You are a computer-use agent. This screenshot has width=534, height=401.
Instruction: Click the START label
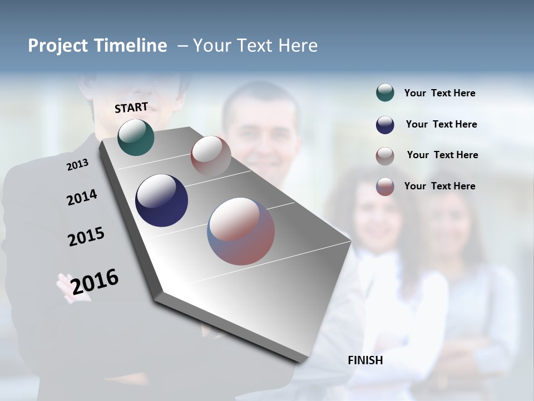click(131, 107)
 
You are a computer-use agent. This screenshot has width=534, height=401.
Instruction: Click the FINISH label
click(365, 360)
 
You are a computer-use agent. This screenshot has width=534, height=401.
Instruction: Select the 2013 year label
click(78, 165)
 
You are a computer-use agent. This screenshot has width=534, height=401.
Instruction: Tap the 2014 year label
click(82, 197)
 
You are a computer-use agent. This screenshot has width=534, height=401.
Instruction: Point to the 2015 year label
click(86, 237)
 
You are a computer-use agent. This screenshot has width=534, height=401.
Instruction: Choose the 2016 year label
click(95, 282)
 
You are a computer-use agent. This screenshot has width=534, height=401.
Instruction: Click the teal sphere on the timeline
click(136, 137)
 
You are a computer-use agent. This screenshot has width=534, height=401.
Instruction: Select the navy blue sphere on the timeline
click(161, 200)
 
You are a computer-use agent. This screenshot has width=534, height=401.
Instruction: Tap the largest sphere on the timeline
click(241, 231)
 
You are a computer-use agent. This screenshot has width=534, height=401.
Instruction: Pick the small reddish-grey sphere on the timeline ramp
click(211, 156)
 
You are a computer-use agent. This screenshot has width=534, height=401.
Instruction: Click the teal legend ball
click(385, 93)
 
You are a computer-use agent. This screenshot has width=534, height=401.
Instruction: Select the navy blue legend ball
click(385, 125)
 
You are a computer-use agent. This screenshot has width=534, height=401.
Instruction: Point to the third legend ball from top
click(385, 156)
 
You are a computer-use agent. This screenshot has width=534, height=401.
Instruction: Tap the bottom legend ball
click(385, 187)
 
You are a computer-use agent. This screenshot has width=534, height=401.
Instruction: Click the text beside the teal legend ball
click(439, 94)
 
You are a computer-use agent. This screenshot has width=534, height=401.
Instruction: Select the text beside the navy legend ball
click(441, 124)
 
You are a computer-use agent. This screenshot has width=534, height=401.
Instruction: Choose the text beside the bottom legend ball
click(439, 186)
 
